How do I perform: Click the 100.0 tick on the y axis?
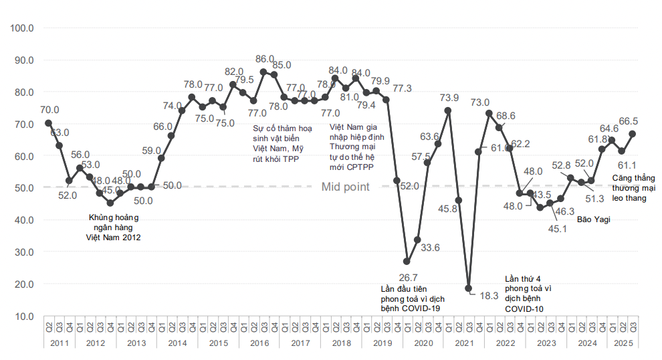click(23, 28)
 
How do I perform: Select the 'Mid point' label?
click(345, 187)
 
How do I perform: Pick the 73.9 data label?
click(449, 98)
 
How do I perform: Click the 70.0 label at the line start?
click(49, 110)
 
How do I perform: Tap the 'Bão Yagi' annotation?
click(594, 219)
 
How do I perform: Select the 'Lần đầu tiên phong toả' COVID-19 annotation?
click(413, 298)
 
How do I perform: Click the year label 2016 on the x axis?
click(259, 343)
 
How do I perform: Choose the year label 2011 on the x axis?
click(60, 343)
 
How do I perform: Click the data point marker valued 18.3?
click(468, 289)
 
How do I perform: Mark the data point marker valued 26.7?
click(407, 262)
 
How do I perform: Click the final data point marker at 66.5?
click(632, 134)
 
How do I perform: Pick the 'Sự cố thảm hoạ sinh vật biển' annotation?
click(277, 143)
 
